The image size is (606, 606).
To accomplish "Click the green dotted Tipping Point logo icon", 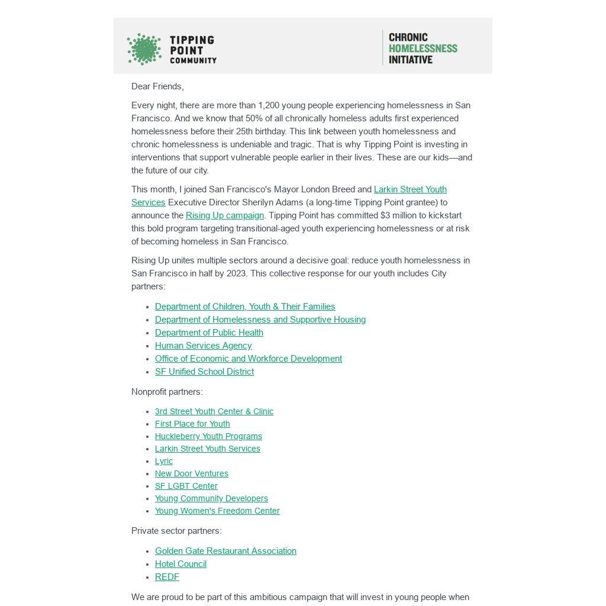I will [x=144, y=49].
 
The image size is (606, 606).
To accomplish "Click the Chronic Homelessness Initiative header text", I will [x=423, y=49].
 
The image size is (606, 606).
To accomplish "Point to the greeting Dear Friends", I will [x=157, y=86].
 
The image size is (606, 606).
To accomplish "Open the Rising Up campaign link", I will [x=225, y=215].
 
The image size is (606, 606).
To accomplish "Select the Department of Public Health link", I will [x=209, y=333].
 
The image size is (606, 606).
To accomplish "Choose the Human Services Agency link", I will [x=203, y=346].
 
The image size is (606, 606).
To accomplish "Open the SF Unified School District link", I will [x=204, y=372].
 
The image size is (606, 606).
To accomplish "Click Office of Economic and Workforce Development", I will [x=249, y=359].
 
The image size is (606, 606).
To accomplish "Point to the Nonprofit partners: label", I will [x=167, y=392].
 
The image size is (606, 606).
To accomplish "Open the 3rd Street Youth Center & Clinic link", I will [x=214, y=411].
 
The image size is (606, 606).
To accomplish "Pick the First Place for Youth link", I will [x=192, y=424].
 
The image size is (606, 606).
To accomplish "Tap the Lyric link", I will [x=164, y=461].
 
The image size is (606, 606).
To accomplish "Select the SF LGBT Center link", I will [x=186, y=486].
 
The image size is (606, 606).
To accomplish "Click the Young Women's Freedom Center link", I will [x=217, y=511].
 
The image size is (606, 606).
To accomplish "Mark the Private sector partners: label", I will [x=176, y=531].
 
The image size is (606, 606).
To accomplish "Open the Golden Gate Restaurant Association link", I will [x=225, y=551].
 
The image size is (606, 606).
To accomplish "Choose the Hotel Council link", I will [x=180, y=564].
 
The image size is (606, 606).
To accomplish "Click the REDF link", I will [x=167, y=577].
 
